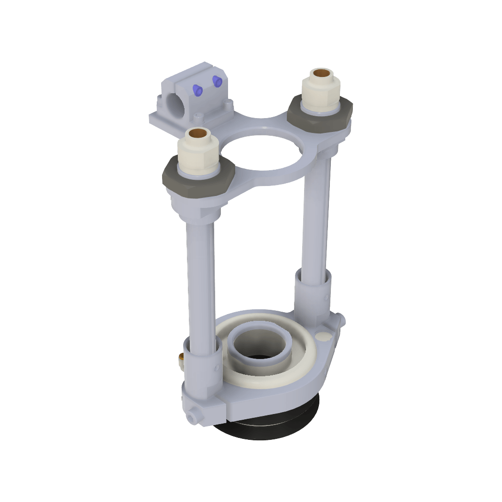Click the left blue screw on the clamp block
pos(196,89)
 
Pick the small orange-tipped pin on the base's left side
pos(181,357)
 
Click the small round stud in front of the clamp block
pos(198,117)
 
